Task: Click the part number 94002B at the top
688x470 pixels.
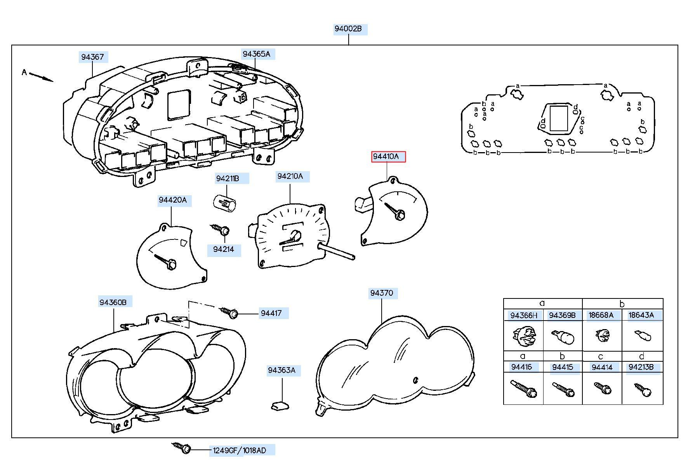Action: click(x=348, y=29)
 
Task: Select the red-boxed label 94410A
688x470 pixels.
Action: click(x=388, y=157)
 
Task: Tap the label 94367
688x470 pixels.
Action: click(x=92, y=57)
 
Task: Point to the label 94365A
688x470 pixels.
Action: click(x=257, y=54)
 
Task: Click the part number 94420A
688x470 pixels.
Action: click(x=173, y=200)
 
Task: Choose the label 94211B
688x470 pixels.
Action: click(x=228, y=179)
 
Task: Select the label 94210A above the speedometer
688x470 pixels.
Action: click(x=290, y=176)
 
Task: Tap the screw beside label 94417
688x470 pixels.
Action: click(x=229, y=312)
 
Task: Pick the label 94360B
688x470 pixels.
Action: click(x=113, y=302)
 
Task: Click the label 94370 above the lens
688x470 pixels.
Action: click(x=382, y=293)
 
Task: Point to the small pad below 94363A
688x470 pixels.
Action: click(x=280, y=406)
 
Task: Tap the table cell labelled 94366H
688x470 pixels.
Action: click(x=524, y=315)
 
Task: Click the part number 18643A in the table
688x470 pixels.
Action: click(x=641, y=315)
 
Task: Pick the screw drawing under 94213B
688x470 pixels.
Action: click(x=642, y=389)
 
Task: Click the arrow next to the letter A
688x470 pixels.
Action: click(x=41, y=77)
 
